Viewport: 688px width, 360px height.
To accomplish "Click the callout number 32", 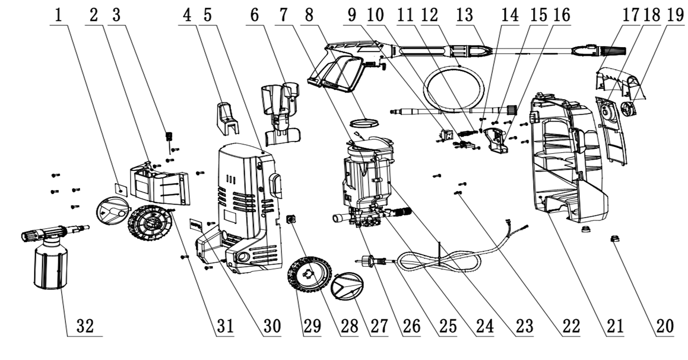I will pyautogui.click(x=85, y=327).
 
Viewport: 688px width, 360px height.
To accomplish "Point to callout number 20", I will pyautogui.click(x=664, y=327).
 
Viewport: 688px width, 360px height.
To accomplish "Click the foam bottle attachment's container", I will pyautogui.click(x=49, y=268).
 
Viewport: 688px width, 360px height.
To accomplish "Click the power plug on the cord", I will pyautogui.click(x=369, y=261).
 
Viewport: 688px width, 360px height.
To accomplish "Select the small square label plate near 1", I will pyautogui.click(x=121, y=189).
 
